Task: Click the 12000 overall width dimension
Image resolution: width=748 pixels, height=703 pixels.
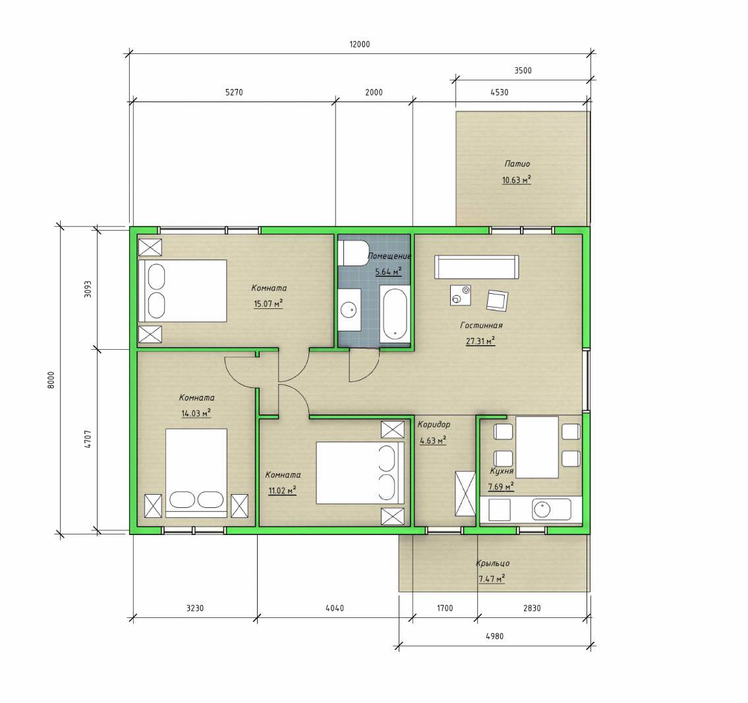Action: pyautogui.click(x=360, y=44)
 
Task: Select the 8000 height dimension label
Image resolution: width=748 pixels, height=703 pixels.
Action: pyautogui.click(x=51, y=380)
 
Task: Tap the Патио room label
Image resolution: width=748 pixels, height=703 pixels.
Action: pyautogui.click(x=517, y=163)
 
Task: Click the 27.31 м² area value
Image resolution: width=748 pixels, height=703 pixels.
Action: pyautogui.click(x=480, y=341)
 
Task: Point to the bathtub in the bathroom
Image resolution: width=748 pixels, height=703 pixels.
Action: pyautogui.click(x=395, y=313)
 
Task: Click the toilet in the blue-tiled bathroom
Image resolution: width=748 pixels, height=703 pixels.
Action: pyautogui.click(x=353, y=252)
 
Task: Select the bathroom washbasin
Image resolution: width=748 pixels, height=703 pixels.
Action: pyautogui.click(x=350, y=310)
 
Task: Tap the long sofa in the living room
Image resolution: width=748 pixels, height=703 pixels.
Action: pyautogui.click(x=476, y=267)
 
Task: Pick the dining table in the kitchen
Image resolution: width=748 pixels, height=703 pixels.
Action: pyautogui.click(x=537, y=447)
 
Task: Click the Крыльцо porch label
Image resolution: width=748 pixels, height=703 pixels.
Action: pyautogui.click(x=493, y=563)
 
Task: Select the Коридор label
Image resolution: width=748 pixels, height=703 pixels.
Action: pyautogui.click(x=434, y=424)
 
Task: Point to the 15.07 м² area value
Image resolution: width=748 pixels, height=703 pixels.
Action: pyautogui.click(x=268, y=304)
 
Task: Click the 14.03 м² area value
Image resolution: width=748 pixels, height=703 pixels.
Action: pyautogui.click(x=196, y=414)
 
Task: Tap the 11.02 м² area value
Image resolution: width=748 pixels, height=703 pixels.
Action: pyautogui.click(x=282, y=490)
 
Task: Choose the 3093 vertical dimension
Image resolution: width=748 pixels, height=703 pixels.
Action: pyautogui.click(x=88, y=289)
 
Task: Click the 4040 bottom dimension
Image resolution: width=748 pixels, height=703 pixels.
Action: pyautogui.click(x=334, y=608)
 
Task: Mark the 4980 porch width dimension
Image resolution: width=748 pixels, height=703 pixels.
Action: pyautogui.click(x=495, y=636)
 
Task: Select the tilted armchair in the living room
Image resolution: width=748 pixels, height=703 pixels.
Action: pyautogui.click(x=497, y=301)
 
